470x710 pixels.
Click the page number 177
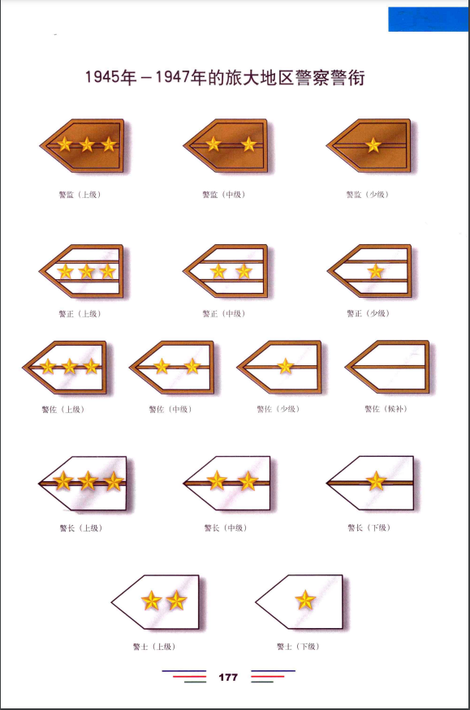(228, 677)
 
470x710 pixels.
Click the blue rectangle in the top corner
(428, 19)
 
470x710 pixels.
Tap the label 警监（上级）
(80, 195)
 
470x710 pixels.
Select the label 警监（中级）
(224, 195)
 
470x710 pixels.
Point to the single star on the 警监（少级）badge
(373, 145)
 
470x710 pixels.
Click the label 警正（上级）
(80, 314)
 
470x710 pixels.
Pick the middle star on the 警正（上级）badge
(87, 272)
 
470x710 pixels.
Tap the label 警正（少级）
(368, 313)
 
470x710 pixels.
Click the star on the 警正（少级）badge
(375, 272)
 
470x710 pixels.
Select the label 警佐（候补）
(386, 409)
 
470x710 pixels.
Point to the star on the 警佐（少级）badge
(285, 366)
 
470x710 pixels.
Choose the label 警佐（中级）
(170, 409)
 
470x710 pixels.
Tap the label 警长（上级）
(81, 528)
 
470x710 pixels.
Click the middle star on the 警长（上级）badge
(88, 481)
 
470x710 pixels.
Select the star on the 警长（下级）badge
(376, 481)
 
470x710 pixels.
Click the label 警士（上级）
(154, 647)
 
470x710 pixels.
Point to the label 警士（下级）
(298, 647)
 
